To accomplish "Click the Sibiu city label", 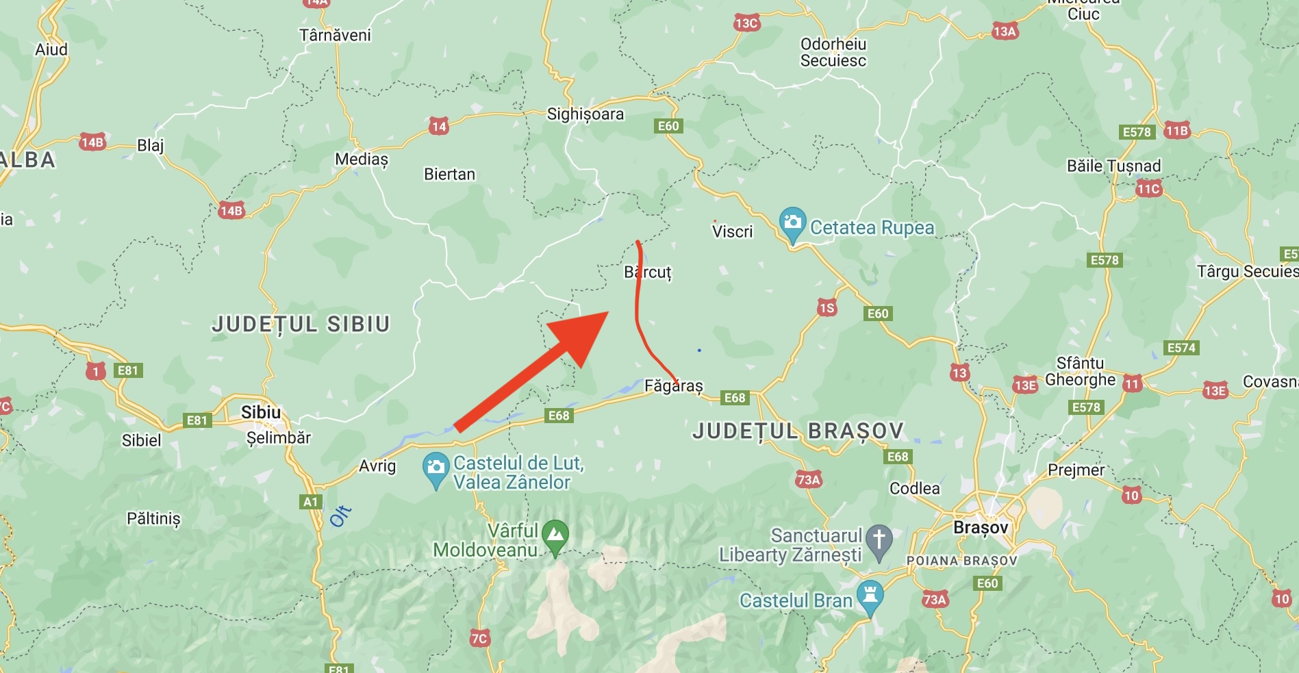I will [261, 412].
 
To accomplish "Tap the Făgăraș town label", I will [674, 385].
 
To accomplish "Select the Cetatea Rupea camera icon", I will [792, 223].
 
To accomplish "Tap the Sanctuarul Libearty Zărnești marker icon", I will [879, 540].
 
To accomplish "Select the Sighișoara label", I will [585, 114].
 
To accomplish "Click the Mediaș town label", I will [362, 160].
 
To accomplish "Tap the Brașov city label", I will [981, 527].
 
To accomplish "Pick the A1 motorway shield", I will [311, 502].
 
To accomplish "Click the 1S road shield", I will [827, 307].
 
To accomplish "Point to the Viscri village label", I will [732, 232].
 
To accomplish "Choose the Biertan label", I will [449, 175].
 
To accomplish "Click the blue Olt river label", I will [340, 516].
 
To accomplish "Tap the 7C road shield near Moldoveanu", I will [479, 639].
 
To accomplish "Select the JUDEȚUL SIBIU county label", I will [301, 324].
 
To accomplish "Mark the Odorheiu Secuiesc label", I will [833, 53].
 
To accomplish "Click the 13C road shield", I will [746, 23].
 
